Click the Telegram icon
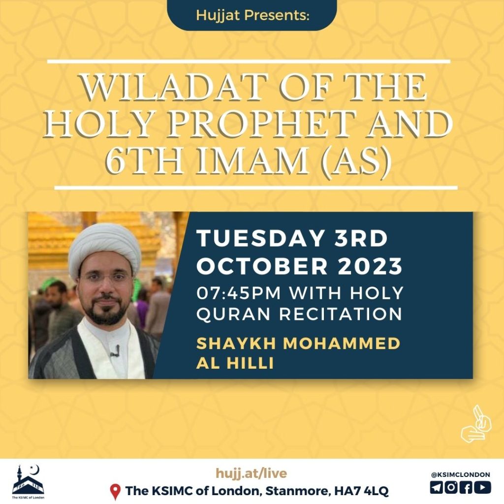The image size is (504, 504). (436, 487)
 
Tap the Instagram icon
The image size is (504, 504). (451, 487)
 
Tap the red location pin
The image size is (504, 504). (115, 492)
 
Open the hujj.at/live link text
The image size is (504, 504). (252, 473)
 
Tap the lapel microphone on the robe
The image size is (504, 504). (116, 350)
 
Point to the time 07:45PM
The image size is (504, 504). (239, 293)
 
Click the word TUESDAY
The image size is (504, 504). (260, 238)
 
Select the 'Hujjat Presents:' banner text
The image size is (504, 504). (252, 15)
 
